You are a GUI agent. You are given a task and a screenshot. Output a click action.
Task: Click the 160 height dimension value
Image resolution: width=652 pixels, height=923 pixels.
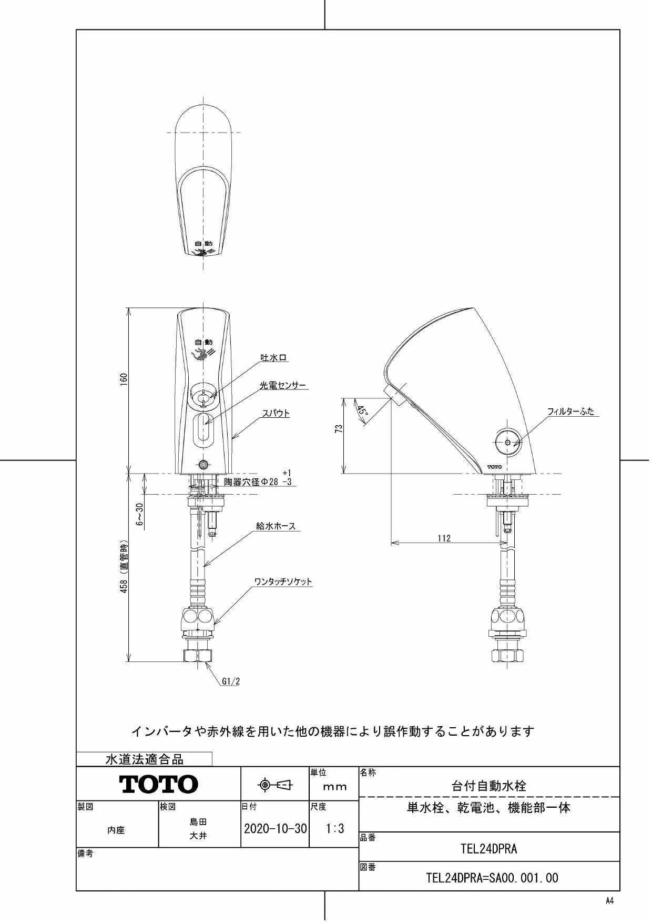124,380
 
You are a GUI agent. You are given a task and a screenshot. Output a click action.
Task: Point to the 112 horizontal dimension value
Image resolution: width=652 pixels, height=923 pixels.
444,538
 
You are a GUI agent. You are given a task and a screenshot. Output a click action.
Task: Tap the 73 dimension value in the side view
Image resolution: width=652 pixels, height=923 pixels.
339,429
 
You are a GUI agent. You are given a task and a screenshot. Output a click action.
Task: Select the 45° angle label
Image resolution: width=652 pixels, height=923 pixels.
362,410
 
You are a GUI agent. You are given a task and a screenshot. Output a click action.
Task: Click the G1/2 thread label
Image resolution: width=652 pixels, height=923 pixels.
231,681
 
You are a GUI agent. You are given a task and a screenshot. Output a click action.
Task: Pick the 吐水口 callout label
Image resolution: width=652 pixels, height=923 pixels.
274,358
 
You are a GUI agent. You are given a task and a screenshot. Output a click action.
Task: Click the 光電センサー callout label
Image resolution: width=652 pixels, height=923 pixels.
283,386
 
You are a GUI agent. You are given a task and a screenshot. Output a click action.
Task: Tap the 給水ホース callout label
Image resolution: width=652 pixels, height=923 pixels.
276,526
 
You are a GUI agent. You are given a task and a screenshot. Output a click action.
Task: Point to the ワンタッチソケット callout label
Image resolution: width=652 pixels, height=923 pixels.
283,581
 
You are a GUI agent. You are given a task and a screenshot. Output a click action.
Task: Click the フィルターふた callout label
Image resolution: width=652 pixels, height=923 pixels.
570,412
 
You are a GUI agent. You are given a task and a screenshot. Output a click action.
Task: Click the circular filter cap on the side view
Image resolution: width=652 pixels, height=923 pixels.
507,443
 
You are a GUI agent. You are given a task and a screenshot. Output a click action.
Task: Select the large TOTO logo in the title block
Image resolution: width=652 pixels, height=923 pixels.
159,784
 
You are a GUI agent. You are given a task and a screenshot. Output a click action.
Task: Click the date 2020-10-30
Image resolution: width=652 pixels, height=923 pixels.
275,829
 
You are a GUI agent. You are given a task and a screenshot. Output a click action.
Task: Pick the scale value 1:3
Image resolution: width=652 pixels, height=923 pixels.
334,829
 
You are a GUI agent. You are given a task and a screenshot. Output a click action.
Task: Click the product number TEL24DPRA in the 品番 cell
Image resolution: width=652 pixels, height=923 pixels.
489,848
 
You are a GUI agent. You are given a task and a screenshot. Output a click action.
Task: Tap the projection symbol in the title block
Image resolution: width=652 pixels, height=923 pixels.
275,785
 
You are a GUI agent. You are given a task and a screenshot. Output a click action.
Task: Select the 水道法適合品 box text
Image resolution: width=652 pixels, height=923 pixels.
145,759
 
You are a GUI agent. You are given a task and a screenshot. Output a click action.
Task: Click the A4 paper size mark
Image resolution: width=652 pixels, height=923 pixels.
609,900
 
